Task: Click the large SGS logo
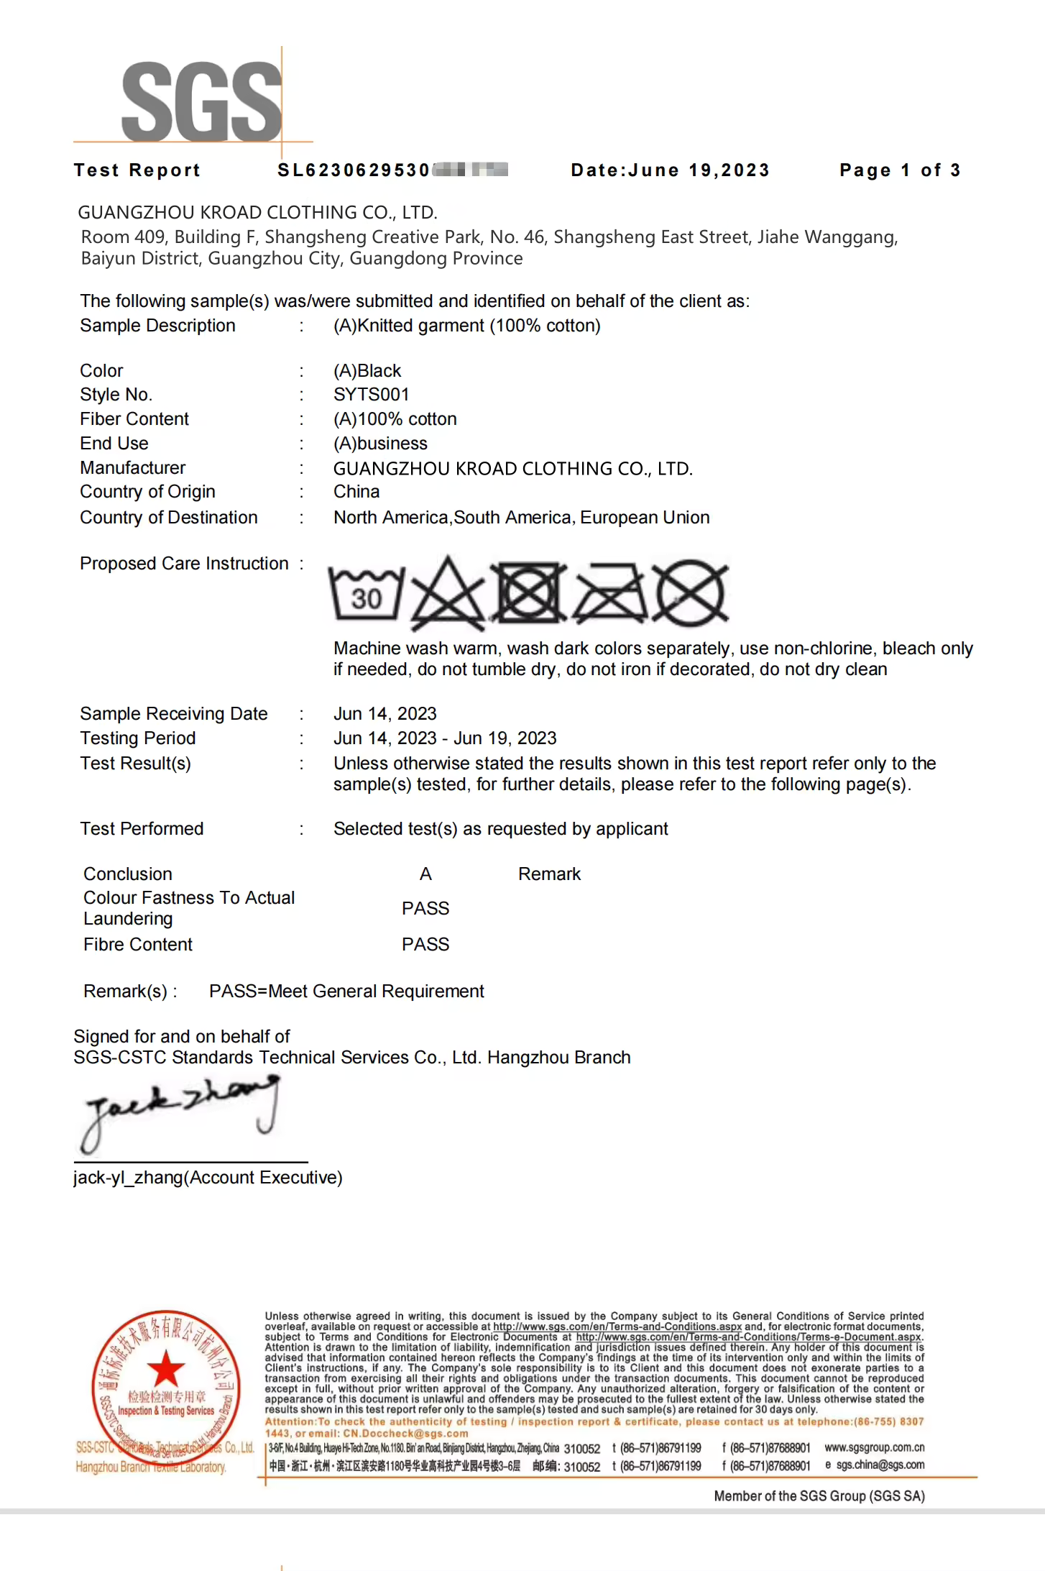201,101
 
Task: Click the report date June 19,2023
670,170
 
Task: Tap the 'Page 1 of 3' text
899,170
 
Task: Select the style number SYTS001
371,395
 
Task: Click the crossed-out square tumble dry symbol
530,593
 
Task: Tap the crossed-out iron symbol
609,594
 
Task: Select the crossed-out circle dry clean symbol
691,594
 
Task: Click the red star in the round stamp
166,1368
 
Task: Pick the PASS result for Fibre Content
425,945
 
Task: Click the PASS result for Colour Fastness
425,909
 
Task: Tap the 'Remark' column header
549,874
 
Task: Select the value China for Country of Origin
356,492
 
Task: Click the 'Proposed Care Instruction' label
184,564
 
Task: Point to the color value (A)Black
367,371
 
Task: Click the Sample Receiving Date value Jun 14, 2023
385,714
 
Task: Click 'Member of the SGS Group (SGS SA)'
819,1496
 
